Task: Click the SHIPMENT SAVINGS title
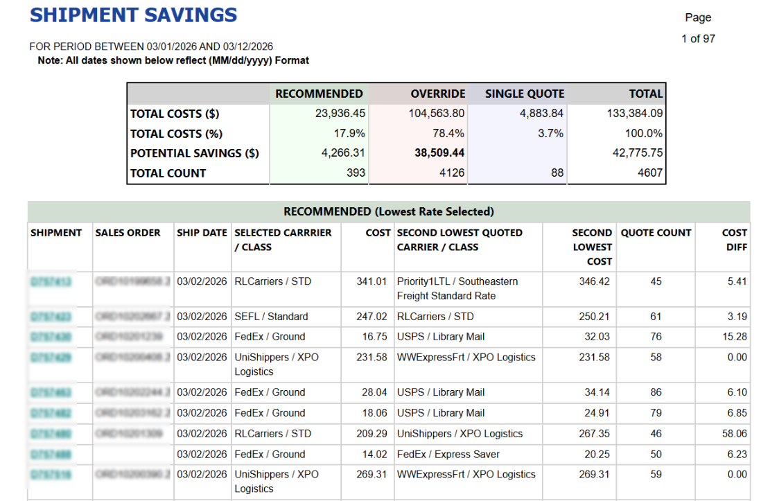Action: coord(134,15)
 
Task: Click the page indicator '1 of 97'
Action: coord(698,39)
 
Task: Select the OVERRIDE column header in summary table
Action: coord(437,94)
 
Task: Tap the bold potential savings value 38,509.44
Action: coord(439,153)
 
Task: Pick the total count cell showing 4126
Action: coord(452,173)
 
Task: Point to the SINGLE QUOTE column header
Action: coord(525,94)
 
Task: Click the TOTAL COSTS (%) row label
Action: coord(177,134)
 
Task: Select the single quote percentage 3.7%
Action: coord(550,134)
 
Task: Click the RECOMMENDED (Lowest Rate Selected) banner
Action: coord(388,211)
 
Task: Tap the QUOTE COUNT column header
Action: coord(656,233)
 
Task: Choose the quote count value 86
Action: coord(656,392)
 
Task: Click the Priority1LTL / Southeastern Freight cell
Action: coord(457,288)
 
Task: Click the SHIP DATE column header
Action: coord(202,233)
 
